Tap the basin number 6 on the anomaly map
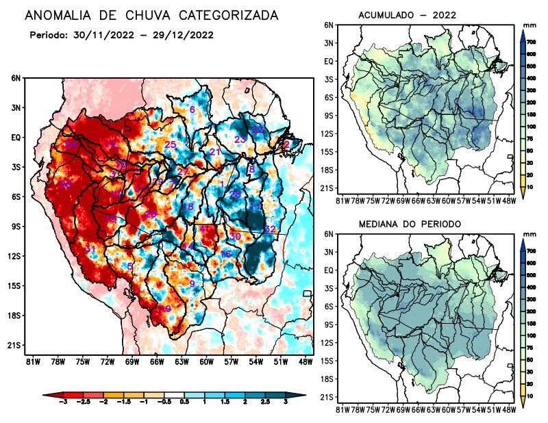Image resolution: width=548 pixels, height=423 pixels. point(192,110)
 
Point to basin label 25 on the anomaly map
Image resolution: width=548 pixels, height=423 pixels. point(171,144)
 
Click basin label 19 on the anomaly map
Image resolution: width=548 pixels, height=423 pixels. point(165,309)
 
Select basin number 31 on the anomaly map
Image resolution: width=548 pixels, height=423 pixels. point(90,248)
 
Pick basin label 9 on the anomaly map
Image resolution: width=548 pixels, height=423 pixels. point(192,283)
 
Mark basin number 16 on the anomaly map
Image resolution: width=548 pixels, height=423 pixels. point(225,254)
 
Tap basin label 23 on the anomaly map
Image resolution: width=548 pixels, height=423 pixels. point(240,140)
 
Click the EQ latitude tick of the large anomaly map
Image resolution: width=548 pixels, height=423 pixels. point(16,138)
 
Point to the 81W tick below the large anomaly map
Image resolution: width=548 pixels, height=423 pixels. point(32,361)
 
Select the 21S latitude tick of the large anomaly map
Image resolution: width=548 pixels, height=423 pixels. point(15,345)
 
